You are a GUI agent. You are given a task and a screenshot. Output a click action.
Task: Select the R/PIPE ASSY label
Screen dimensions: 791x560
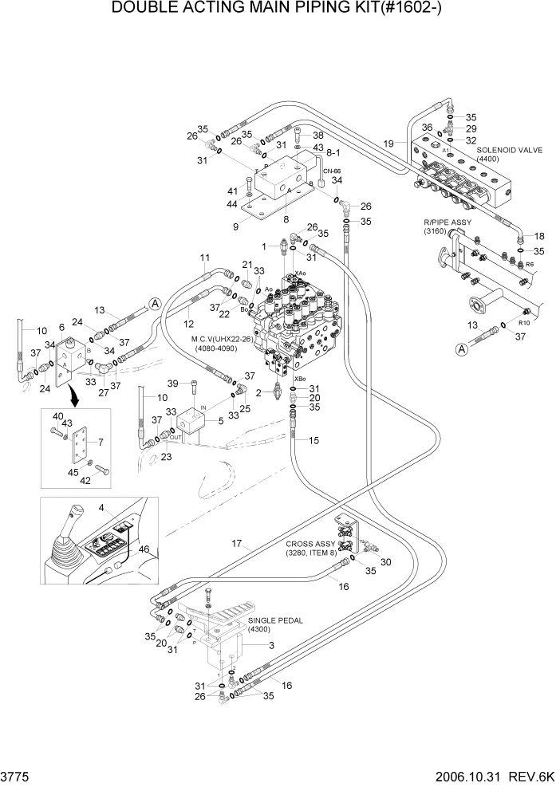click(x=448, y=222)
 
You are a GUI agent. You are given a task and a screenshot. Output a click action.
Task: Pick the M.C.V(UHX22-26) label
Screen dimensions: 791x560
click(x=224, y=339)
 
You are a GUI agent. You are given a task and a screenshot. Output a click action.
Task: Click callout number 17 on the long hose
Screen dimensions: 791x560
click(x=236, y=544)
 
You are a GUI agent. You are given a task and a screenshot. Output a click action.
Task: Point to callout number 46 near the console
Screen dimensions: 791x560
click(x=144, y=549)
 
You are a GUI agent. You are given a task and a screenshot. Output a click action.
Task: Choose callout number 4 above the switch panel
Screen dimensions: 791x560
click(x=101, y=507)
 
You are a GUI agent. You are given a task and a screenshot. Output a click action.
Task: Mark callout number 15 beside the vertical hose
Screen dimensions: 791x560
click(x=314, y=440)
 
